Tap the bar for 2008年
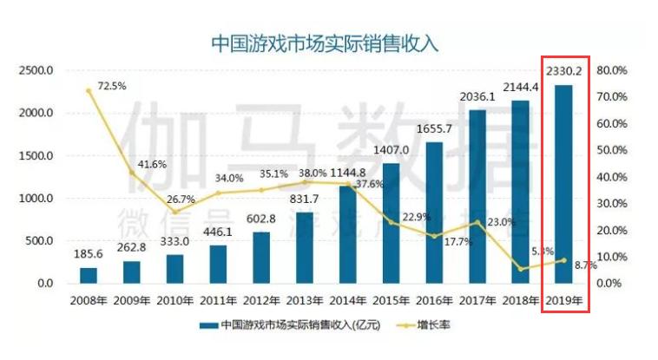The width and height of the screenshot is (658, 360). [x=89, y=275]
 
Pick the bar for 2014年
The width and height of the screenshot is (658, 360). [x=347, y=234]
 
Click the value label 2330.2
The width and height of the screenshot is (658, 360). [x=563, y=69]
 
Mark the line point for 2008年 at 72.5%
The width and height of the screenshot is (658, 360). [x=89, y=90]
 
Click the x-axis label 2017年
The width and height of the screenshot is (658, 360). [x=477, y=301]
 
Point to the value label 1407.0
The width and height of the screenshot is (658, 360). [x=391, y=147]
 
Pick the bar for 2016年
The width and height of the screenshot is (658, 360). [x=434, y=213]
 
